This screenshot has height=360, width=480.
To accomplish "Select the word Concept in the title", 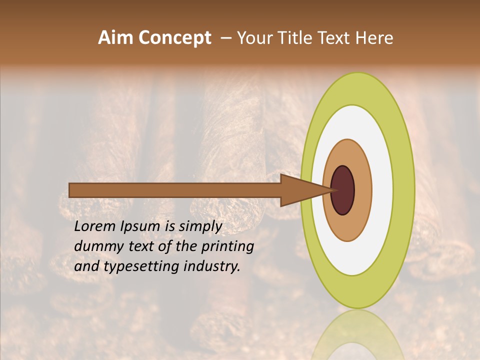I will pos(174,38).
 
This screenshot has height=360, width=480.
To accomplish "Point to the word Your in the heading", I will pos(255,38).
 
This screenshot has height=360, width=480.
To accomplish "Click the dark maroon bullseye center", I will pos(343,190).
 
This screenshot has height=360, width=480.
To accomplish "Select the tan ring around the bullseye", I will pos(363,190).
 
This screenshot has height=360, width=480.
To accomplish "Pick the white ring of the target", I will pos(382,190).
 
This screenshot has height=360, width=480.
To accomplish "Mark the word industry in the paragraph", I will pos(210,266).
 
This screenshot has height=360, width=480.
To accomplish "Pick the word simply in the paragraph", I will pos(200,227).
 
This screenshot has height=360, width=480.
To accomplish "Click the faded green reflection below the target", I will pos(357,335).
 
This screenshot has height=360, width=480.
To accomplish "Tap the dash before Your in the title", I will pos(226,38).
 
